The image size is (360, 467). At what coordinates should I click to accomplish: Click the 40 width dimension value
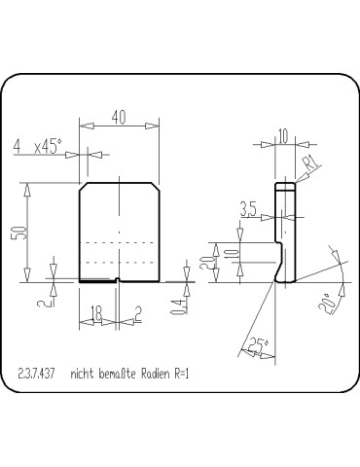(119, 118)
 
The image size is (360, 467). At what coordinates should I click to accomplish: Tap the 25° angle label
(256, 345)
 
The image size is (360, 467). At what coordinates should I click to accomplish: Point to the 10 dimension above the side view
(282, 137)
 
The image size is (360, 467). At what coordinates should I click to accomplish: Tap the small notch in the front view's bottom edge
(118, 281)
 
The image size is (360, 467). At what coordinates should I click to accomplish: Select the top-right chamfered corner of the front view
(156, 185)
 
